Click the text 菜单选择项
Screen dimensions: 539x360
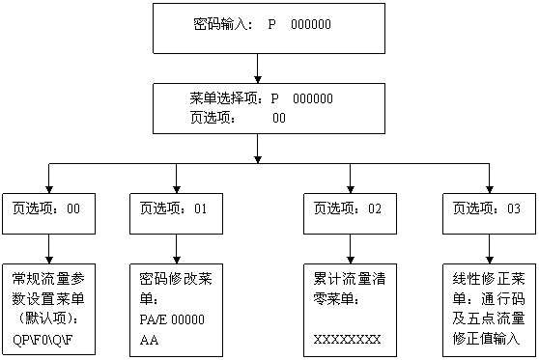pyautogui.click(x=227, y=98)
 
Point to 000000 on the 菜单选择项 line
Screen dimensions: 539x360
pyautogui.click(x=313, y=98)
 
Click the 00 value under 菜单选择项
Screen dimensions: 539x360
pyautogui.click(x=279, y=118)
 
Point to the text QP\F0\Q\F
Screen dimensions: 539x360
pyautogui.click(x=48, y=340)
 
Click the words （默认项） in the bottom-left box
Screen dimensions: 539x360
pyautogui.click(x=48, y=318)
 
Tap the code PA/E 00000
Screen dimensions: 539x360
pyautogui.click(x=175, y=319)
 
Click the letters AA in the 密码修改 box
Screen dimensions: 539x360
pyautogui.click(x=149, y=340)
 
